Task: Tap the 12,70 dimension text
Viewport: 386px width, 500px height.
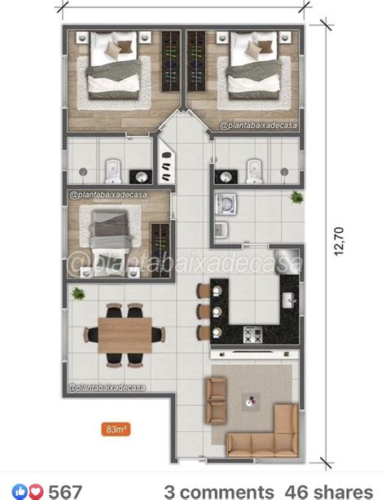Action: tap(339, 242)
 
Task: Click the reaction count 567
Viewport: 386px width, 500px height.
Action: tap(66, 490)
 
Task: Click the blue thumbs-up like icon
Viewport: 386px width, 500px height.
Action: tap(20, 490)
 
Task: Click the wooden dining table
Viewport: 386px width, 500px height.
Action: tap(124, 333)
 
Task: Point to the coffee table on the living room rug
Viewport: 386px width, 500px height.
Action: tap(250, 401)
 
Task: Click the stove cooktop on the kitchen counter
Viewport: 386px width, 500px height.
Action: tap(252, 334)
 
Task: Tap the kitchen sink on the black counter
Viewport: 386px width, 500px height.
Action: tap(287, 299)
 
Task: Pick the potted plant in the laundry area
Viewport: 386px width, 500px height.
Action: tap(293, 196)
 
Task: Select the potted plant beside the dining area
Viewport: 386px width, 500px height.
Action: tap(78, 293)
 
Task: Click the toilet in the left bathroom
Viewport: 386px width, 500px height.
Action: tap(114, 170)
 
